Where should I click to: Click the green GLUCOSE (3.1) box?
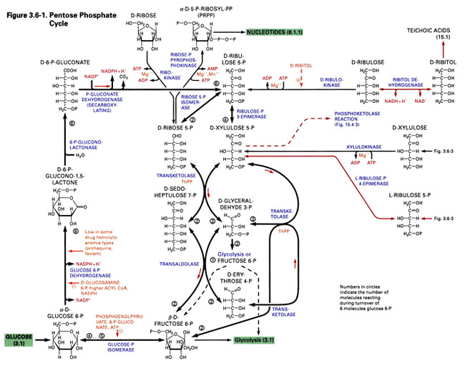click(x=16, y=340)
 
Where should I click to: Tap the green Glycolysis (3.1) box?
click(x=254, y=341)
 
